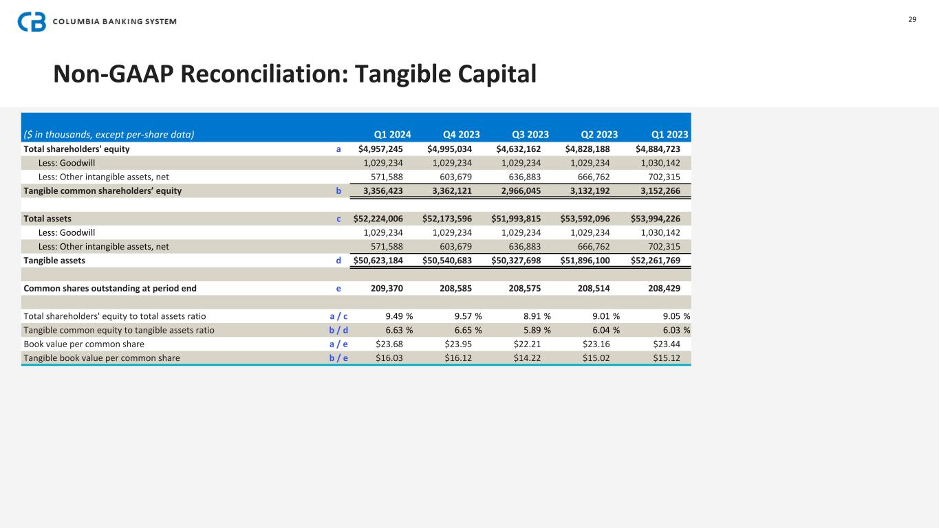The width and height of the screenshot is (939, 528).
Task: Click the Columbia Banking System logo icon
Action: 32,21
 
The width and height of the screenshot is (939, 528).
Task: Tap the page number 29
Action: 912,19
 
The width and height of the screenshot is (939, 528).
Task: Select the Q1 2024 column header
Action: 392,135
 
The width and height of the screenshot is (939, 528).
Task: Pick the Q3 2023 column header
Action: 530,135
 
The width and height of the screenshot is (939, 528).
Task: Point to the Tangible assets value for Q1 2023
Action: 656,261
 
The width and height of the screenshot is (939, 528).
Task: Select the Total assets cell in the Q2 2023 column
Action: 587,219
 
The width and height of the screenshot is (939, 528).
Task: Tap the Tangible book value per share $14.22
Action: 527,357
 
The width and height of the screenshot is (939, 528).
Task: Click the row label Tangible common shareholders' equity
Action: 102,190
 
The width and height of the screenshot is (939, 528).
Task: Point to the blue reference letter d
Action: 338,261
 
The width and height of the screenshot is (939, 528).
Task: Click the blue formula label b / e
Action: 338,357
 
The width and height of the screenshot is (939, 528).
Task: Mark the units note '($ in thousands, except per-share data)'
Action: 109,135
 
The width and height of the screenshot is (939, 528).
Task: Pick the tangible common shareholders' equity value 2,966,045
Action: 521,190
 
